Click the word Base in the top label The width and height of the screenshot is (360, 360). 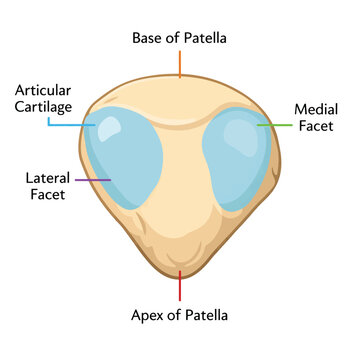tap(147, 38)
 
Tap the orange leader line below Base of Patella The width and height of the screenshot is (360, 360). tap(180, 64)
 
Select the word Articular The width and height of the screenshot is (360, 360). tap(43, 90)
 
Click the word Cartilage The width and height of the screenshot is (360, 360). tap(43, 108)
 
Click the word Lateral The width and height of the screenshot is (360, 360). tap(48, 178)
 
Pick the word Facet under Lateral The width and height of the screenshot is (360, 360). tap(48, 195)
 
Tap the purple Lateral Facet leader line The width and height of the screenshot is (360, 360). tap(93, 180)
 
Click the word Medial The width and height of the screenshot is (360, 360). tap(316, 109)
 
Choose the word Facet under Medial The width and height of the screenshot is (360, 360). tap(316, 126)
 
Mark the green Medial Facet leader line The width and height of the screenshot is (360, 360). tap(274, 125)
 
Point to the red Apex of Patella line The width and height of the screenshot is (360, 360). tap(180, 286)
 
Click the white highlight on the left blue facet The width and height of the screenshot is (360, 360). tap(109, 128)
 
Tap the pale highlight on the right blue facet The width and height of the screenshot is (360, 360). tap(240, 137)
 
